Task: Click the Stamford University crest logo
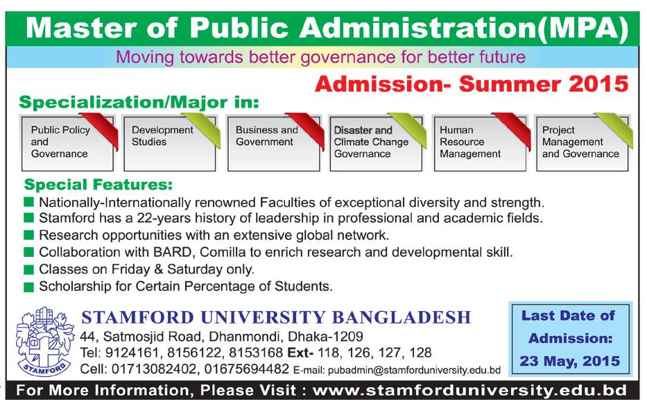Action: [44, 342]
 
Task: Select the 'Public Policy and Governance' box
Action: [68, 143]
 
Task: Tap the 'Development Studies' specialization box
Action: [170, 143]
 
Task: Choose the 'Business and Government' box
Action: [274, 143]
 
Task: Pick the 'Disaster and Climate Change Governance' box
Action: [376, 143]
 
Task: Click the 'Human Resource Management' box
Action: [481, 143]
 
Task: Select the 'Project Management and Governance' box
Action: [583, 143]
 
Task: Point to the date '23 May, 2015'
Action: [570, 361]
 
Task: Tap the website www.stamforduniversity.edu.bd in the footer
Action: [469, 390]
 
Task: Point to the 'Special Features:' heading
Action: [98, 184]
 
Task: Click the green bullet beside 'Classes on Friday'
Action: [28, 270]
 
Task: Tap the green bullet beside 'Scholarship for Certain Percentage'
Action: [28, 287]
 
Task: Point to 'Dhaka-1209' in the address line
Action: [325, 336]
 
